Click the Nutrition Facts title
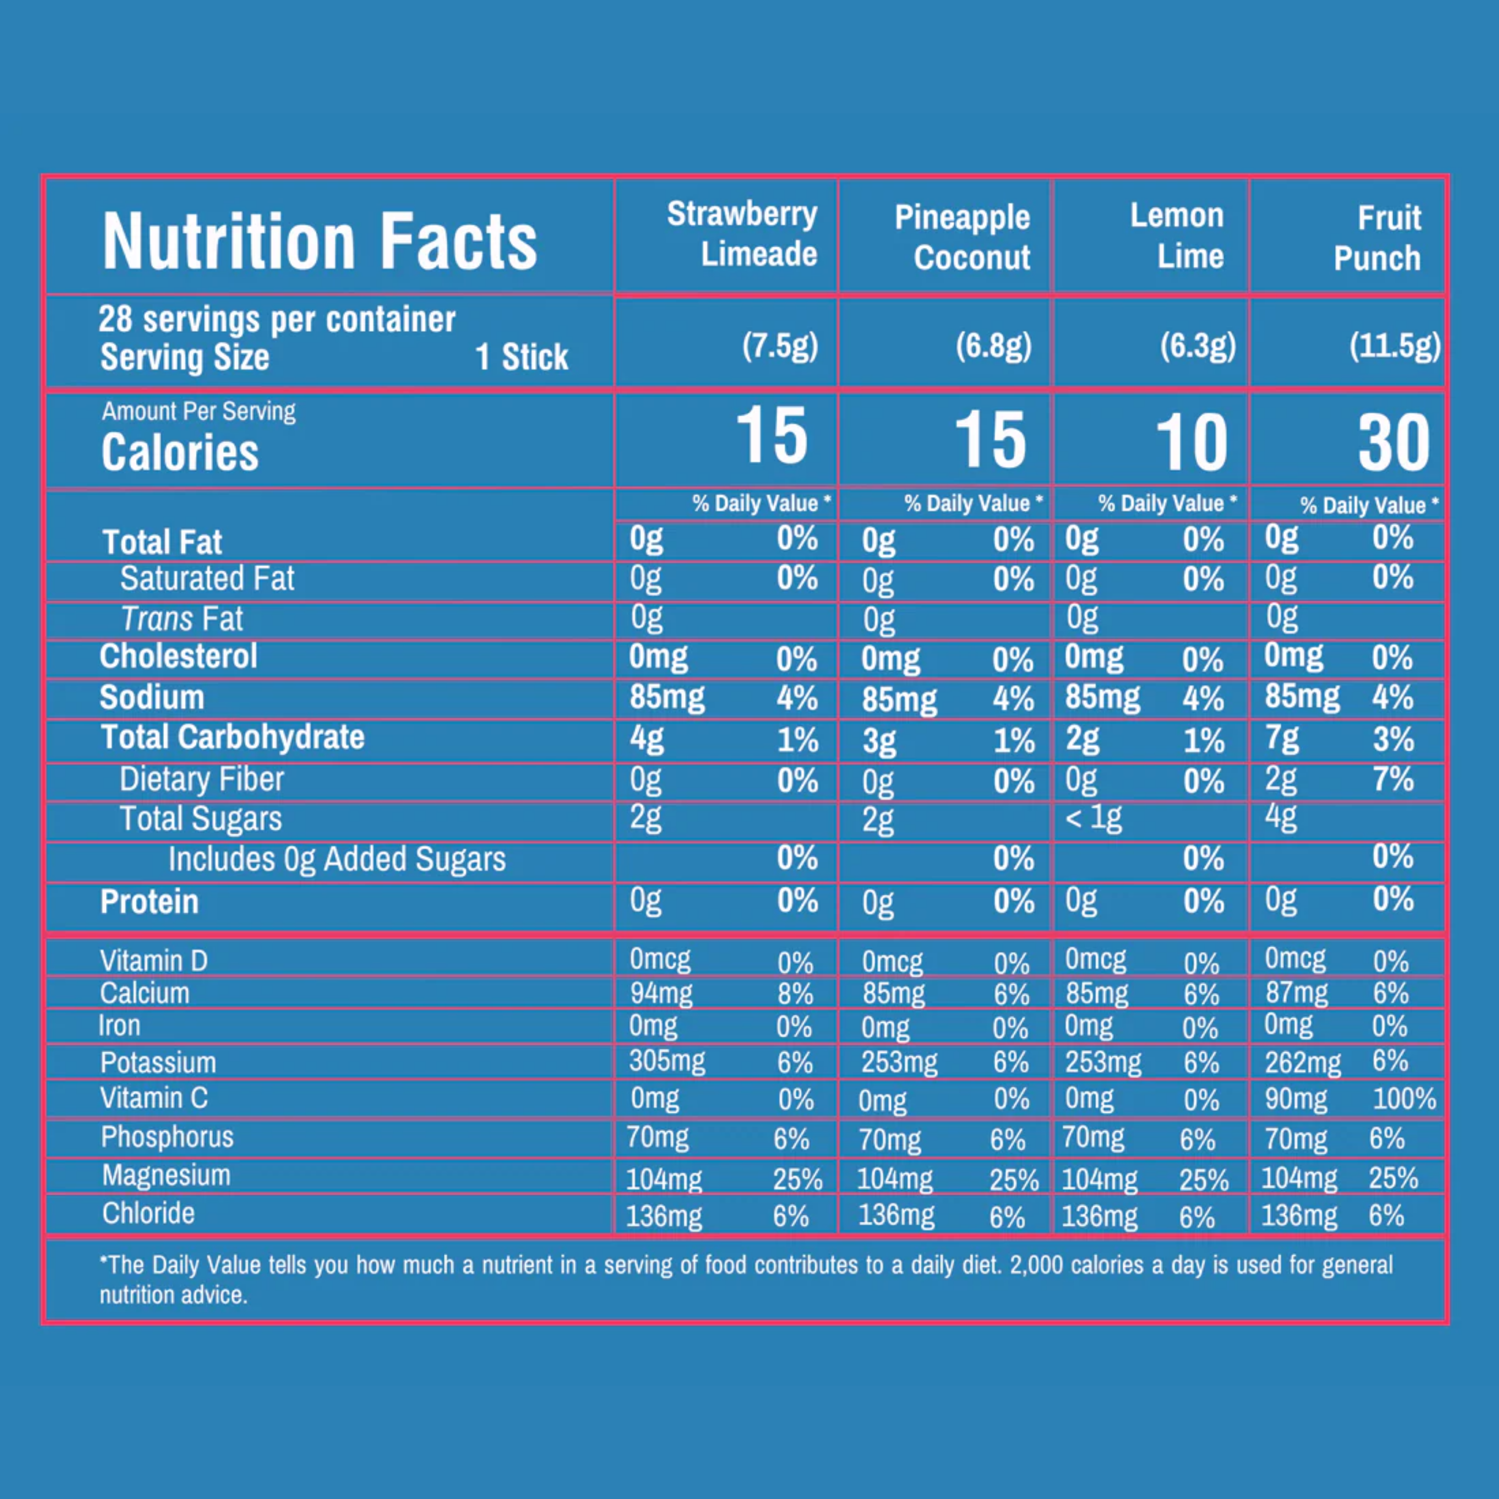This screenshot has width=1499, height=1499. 320,241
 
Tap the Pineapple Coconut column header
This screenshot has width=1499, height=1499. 962,237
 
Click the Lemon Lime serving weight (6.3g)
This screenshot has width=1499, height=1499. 1197,346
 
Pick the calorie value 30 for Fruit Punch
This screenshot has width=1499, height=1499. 1394,442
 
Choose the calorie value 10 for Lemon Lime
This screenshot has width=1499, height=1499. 1192,442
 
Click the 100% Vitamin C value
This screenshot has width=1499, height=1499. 1405,1099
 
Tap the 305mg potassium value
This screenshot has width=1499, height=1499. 667,1061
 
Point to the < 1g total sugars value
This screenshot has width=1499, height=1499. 1093,818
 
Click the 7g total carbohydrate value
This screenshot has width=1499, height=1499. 1282,738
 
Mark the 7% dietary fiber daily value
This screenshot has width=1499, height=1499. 1393,779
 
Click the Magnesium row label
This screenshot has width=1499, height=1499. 166,1175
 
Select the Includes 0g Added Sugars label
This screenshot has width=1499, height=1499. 337,859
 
